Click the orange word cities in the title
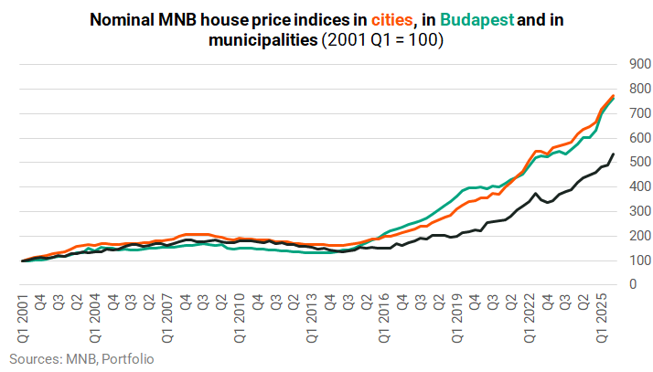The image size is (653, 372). [391, 19]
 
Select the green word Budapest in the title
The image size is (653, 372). [476, 20]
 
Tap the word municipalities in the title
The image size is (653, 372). [263, 40]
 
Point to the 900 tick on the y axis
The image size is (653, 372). [640, 64]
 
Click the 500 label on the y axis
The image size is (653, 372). [640, 162]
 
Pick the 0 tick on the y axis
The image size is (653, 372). [634, 284]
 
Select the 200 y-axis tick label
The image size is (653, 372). [640, 236]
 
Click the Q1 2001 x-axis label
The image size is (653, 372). [24, 318]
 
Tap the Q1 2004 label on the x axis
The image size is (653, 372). [95, 318]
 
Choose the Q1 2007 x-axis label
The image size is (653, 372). [167, 318]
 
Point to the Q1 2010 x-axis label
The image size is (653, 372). [240, 318]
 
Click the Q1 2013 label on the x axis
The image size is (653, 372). [312, 318]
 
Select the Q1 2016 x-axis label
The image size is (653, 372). [384, 318]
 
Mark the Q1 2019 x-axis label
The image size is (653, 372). [457, 318]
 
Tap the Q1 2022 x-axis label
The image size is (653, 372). [530, 318]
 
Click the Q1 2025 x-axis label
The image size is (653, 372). [602, 318]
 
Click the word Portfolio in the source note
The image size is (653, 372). [128, 358]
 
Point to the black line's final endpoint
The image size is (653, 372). [613, 154]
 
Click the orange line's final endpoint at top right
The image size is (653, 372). [613, 96]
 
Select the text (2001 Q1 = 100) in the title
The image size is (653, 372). [382, 40]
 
